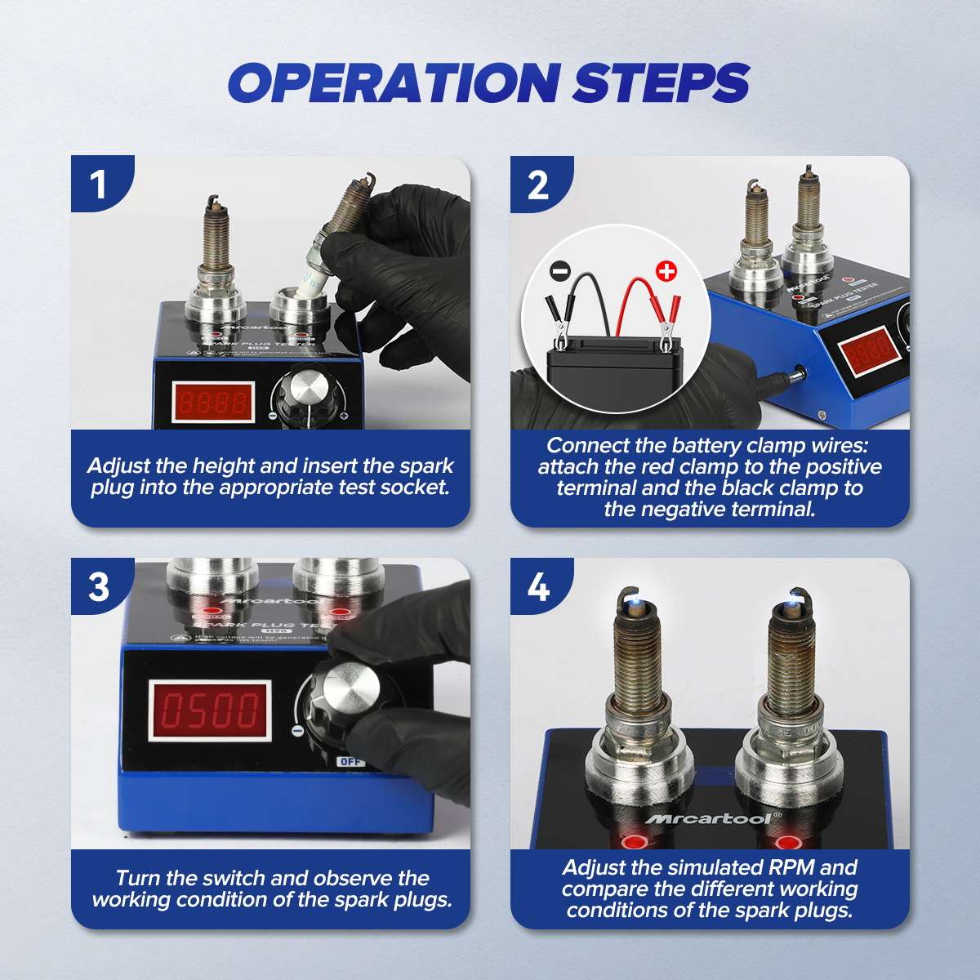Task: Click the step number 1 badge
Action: [99, 185]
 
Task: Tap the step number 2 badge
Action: [538, 185]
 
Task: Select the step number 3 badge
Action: [99, 587]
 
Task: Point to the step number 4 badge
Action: [538, 587]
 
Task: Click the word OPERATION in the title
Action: [390, 82]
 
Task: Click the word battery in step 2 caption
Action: [710, 446]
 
